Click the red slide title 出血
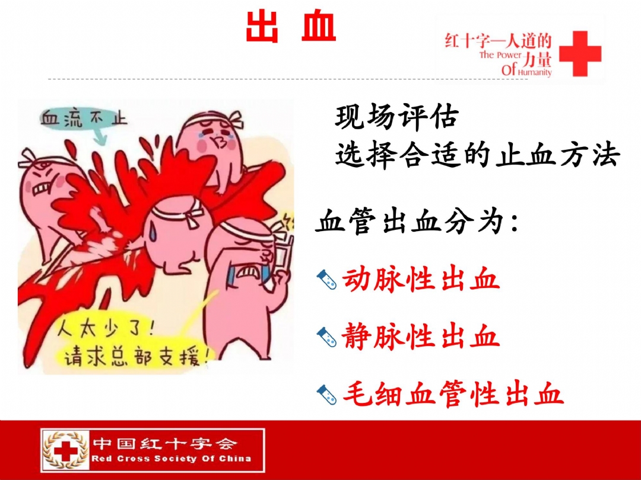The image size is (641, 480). click(291, 25)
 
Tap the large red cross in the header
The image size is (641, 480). click(580, 53)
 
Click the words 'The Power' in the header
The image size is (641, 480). click(500, 55)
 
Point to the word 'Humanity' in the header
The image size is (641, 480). click(535, 72)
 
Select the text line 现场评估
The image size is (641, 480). click(396, 118)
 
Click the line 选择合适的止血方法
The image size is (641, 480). click(477, 155)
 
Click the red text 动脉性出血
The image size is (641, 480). click(421, 280)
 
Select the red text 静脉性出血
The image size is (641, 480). click(421, 338)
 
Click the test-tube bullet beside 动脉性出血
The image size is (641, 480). click(326, 280)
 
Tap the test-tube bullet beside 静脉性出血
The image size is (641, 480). click(326, 338)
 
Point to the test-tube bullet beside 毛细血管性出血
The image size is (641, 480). click(326, 395)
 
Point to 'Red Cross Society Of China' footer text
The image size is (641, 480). click(172, 458)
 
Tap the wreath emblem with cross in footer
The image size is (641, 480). click(66, 450)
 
